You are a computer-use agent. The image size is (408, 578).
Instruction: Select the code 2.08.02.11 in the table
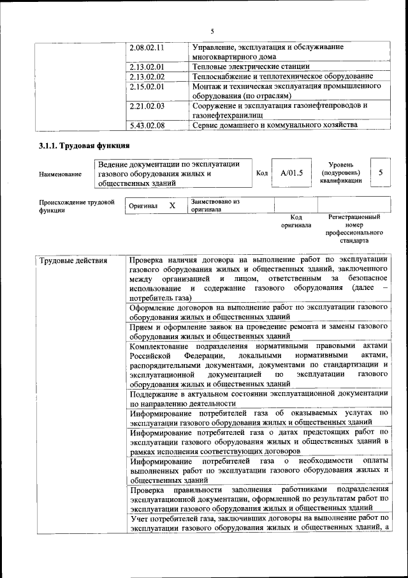click(147, 47)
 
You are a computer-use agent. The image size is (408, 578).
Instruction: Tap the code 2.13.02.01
click(147, 66)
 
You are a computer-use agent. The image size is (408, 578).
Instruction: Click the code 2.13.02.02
click(147, 77)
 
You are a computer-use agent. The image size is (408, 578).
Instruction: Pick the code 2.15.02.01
click(147, 86)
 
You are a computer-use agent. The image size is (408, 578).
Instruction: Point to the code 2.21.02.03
click(147, 105)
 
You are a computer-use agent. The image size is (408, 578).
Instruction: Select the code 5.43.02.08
click(147, 125)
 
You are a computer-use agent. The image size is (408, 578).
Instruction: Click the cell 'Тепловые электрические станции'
click(251, 66)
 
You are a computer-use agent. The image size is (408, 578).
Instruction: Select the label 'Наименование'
click(60, 174)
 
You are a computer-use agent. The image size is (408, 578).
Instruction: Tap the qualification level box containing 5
click(381, 172)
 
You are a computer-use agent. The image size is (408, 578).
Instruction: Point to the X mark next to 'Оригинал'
click(171, 206)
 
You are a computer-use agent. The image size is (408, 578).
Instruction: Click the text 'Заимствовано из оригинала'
click(214, 205)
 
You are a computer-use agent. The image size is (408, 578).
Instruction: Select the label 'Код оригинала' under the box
click(296, 221)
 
